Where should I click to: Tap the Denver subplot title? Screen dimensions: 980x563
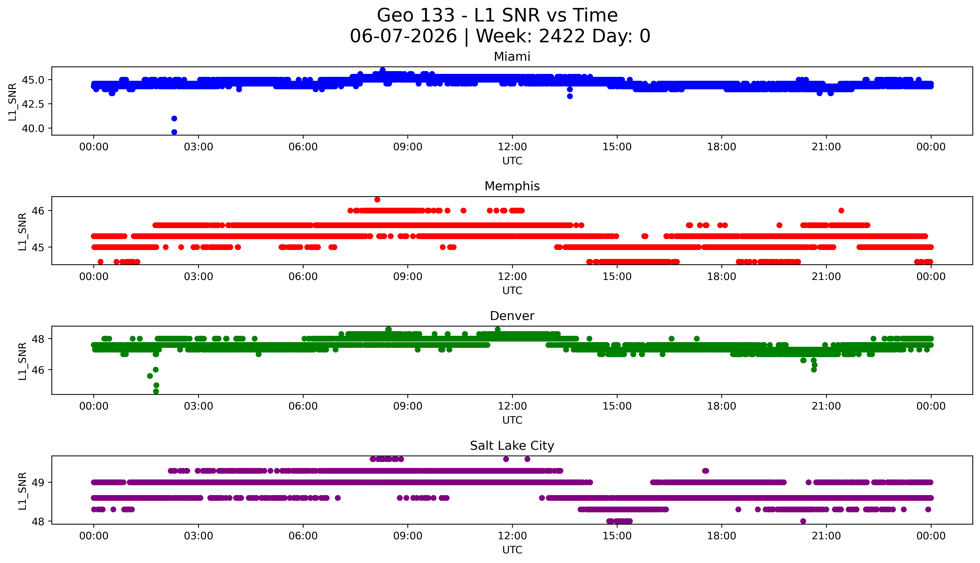pyautogui.click(x=512, y=316)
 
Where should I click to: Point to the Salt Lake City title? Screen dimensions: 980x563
pyautogui.click(x=512, y=446)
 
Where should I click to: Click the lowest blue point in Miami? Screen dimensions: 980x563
pyautogui.click(x=174, y=132)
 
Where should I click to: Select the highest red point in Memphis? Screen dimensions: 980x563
pyautogui.click(x=377, y=200)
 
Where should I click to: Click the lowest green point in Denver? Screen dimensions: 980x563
pyautogui.click(x=156, y=391)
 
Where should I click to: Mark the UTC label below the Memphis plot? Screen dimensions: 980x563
pyautogui.click(x=512, y=290)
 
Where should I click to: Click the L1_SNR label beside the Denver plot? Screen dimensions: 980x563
pyautogui.click(x=22, y=361)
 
